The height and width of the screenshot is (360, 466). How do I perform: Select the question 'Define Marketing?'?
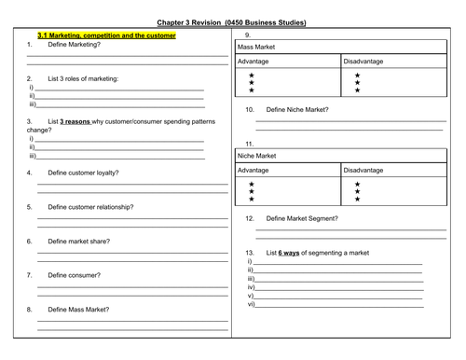click(74, 44)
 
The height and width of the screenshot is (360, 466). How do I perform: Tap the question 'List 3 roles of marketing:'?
click(83, 78)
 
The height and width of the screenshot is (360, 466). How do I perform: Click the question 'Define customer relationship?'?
click(90, 206)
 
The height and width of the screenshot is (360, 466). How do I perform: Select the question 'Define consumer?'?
click(75, 275)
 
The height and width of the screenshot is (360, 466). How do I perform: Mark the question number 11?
click(249, 144)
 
